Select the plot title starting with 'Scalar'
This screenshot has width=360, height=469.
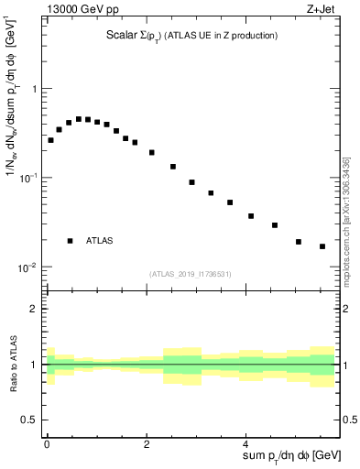[191, 36]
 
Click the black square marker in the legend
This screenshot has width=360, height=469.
[70, 241]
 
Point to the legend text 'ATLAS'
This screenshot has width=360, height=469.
[100, 241]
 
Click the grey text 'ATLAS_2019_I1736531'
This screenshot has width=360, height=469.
[191, 274]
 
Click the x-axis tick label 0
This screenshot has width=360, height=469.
[47, 442]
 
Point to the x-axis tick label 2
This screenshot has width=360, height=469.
[147, 442]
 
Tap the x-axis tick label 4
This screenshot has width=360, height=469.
[245, 442]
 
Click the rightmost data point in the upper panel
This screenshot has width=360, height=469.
[322, 246]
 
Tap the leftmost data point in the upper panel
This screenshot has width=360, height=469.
[50, 140]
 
